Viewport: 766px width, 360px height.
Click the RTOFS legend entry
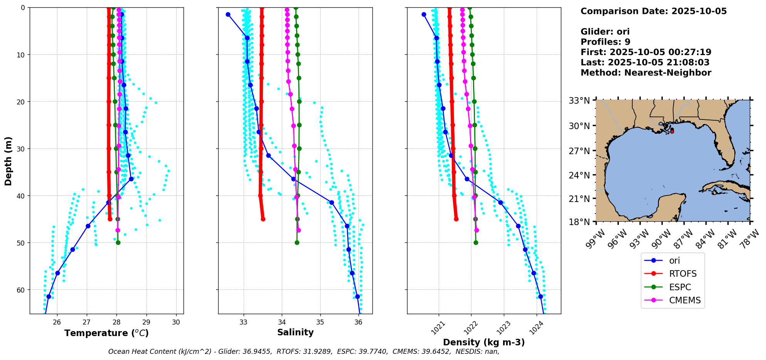point(682,274)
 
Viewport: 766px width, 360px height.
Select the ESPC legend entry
point(680,287)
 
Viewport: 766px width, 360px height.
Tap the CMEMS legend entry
point(685,300)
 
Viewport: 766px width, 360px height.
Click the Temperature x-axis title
point(106,333)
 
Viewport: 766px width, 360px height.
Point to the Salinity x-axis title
point(295,332)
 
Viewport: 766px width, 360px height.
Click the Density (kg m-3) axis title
point(484,342)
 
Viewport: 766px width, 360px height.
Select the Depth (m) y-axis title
point(8,161)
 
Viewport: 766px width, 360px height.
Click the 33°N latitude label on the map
point(579,101)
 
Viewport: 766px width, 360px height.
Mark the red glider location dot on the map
point(672,131)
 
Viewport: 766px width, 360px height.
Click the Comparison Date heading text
point(653,11)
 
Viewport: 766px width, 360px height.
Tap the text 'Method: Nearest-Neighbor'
point(646,73)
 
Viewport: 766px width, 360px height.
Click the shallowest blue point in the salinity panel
point(228,14)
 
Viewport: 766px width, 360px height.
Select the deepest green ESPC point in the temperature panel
point(118,242)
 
